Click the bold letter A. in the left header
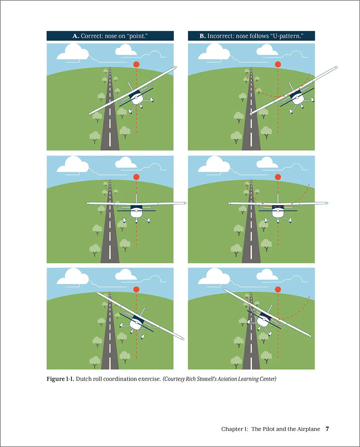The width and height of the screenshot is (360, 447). (76, 36)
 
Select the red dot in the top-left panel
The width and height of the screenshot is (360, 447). (136, 64)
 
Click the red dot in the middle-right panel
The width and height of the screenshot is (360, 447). (278, 177)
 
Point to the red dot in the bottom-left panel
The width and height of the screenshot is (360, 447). (136, 290)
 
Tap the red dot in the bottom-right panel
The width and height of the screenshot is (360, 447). (278, 290)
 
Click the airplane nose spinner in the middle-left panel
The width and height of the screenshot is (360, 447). (136, 211)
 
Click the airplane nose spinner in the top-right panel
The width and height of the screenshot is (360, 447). (297, 97)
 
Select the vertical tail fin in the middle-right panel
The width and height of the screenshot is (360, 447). (278, 199)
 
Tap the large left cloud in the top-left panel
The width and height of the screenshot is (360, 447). (73, 52)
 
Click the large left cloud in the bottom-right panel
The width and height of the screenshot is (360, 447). (214, 276)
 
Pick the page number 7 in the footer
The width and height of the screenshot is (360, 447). (328, 429)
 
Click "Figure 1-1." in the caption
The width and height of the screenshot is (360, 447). (60, 379)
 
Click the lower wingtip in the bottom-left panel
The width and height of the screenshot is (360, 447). (182, 339)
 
